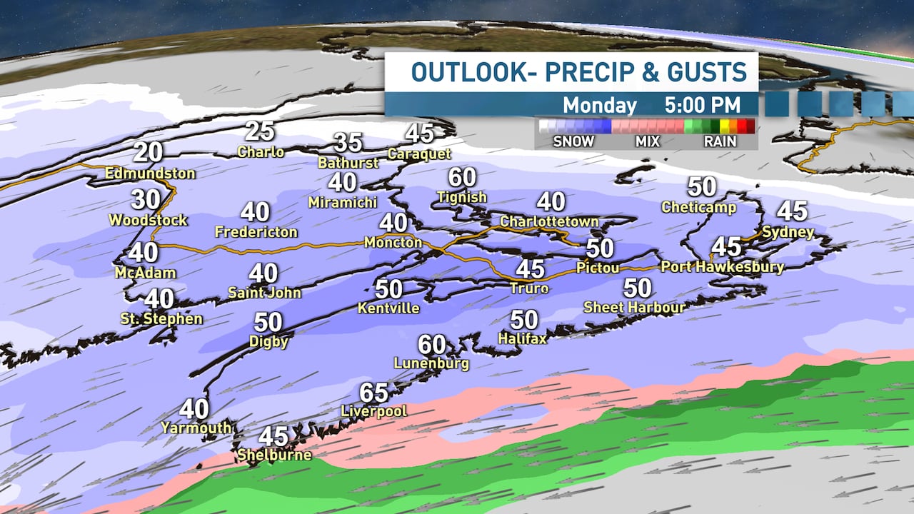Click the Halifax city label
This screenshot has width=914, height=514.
coord(523,338)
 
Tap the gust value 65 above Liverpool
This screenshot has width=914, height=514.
coord(374,393)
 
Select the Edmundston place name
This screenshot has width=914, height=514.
coord(150,173)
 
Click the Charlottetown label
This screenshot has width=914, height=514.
coord(549,221)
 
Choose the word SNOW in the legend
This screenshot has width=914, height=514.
coord(573,141)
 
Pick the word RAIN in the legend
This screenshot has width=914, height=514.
coord(720,141)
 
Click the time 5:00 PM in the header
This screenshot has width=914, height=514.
coord(702,105)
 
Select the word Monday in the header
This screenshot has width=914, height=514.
coord(600,105)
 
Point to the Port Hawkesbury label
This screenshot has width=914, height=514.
coord(723,267)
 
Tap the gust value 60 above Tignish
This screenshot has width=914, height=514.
coord(463,177)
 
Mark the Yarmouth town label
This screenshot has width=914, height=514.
coord(196,428)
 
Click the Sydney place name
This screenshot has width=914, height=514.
coord(788,232)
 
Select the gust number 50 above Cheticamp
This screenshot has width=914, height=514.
coord(702,187)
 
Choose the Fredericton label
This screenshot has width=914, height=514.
coord(256,232)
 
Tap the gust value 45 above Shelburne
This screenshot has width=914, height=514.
coord(273,436)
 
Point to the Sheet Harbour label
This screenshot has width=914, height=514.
coord(635,308)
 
